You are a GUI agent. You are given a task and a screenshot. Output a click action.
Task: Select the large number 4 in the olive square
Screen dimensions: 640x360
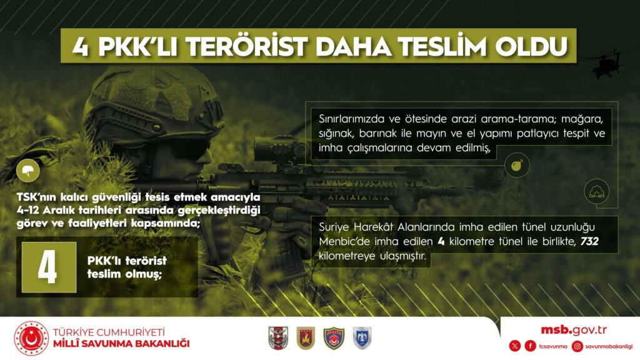click(47, 267)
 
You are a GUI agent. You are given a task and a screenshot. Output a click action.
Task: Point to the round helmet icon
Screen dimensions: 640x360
click(27, 171)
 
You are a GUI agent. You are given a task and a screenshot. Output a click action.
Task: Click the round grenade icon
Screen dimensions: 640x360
click(517, 165)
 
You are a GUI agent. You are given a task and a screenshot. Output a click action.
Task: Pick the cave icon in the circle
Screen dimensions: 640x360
click(597, 191)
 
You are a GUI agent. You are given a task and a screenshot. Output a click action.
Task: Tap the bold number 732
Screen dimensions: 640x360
click(589, 241)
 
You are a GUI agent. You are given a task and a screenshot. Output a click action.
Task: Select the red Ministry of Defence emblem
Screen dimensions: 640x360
click(31, 338)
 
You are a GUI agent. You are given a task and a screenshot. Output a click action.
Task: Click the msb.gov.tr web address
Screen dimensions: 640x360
click(574, 330)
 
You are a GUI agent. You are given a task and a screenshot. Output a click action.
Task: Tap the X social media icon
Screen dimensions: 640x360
click(515, 346)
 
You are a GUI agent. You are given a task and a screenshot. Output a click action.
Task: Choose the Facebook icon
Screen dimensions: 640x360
click(530, 346)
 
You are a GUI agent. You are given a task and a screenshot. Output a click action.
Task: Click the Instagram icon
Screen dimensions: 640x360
click(577, 346)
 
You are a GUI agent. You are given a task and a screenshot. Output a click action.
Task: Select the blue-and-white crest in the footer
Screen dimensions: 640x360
click(362, 338)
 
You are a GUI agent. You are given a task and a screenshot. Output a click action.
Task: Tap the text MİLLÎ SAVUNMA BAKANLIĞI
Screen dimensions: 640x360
click(121, 344)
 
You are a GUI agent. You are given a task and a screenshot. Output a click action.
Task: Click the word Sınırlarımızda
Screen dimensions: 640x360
click(351, 119)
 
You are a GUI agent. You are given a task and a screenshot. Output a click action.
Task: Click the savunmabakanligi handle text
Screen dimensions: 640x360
click(609, 346)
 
